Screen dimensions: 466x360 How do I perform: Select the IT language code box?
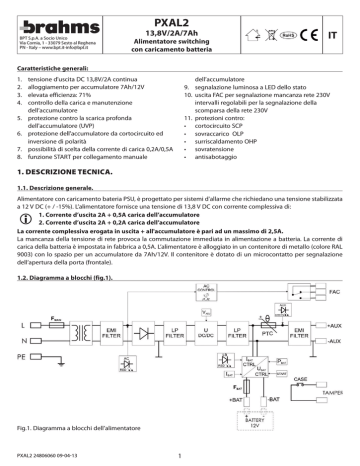click(x=345, y=31)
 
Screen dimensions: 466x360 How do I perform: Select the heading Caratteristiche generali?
click(x=58, y=67)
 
